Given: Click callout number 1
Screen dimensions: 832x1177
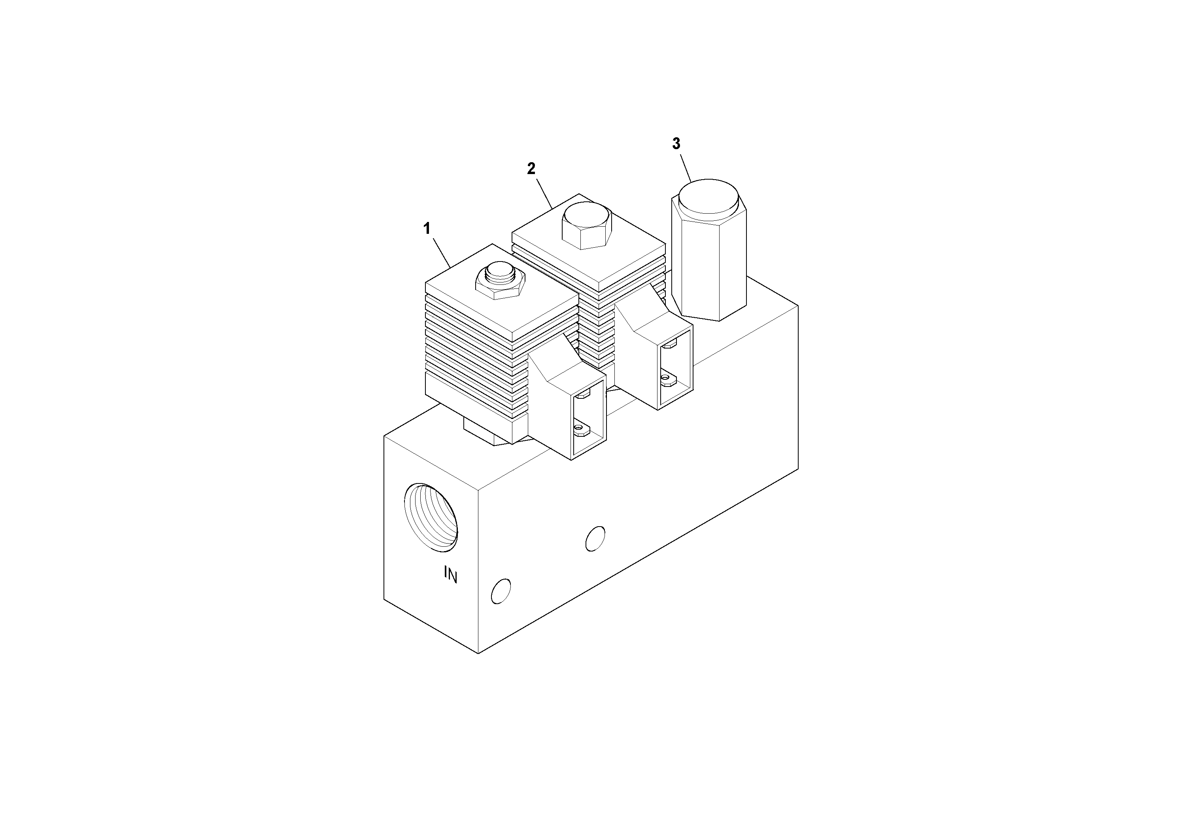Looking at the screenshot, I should pyautogui.click(x=427, y=229).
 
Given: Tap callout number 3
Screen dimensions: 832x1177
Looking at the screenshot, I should pyautogui.click(x=676, y=144).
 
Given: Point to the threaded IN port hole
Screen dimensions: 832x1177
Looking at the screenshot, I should pyautogui.click(x=431, y=517).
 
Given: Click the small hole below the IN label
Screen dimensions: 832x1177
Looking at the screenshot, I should pyautogui.click(x=501, y=591).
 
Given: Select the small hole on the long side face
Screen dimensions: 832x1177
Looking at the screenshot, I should pyautogui.click(x=595, y=538).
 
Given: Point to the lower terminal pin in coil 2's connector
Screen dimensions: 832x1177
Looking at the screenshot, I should pyautogui.click(x=667, y=379).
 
